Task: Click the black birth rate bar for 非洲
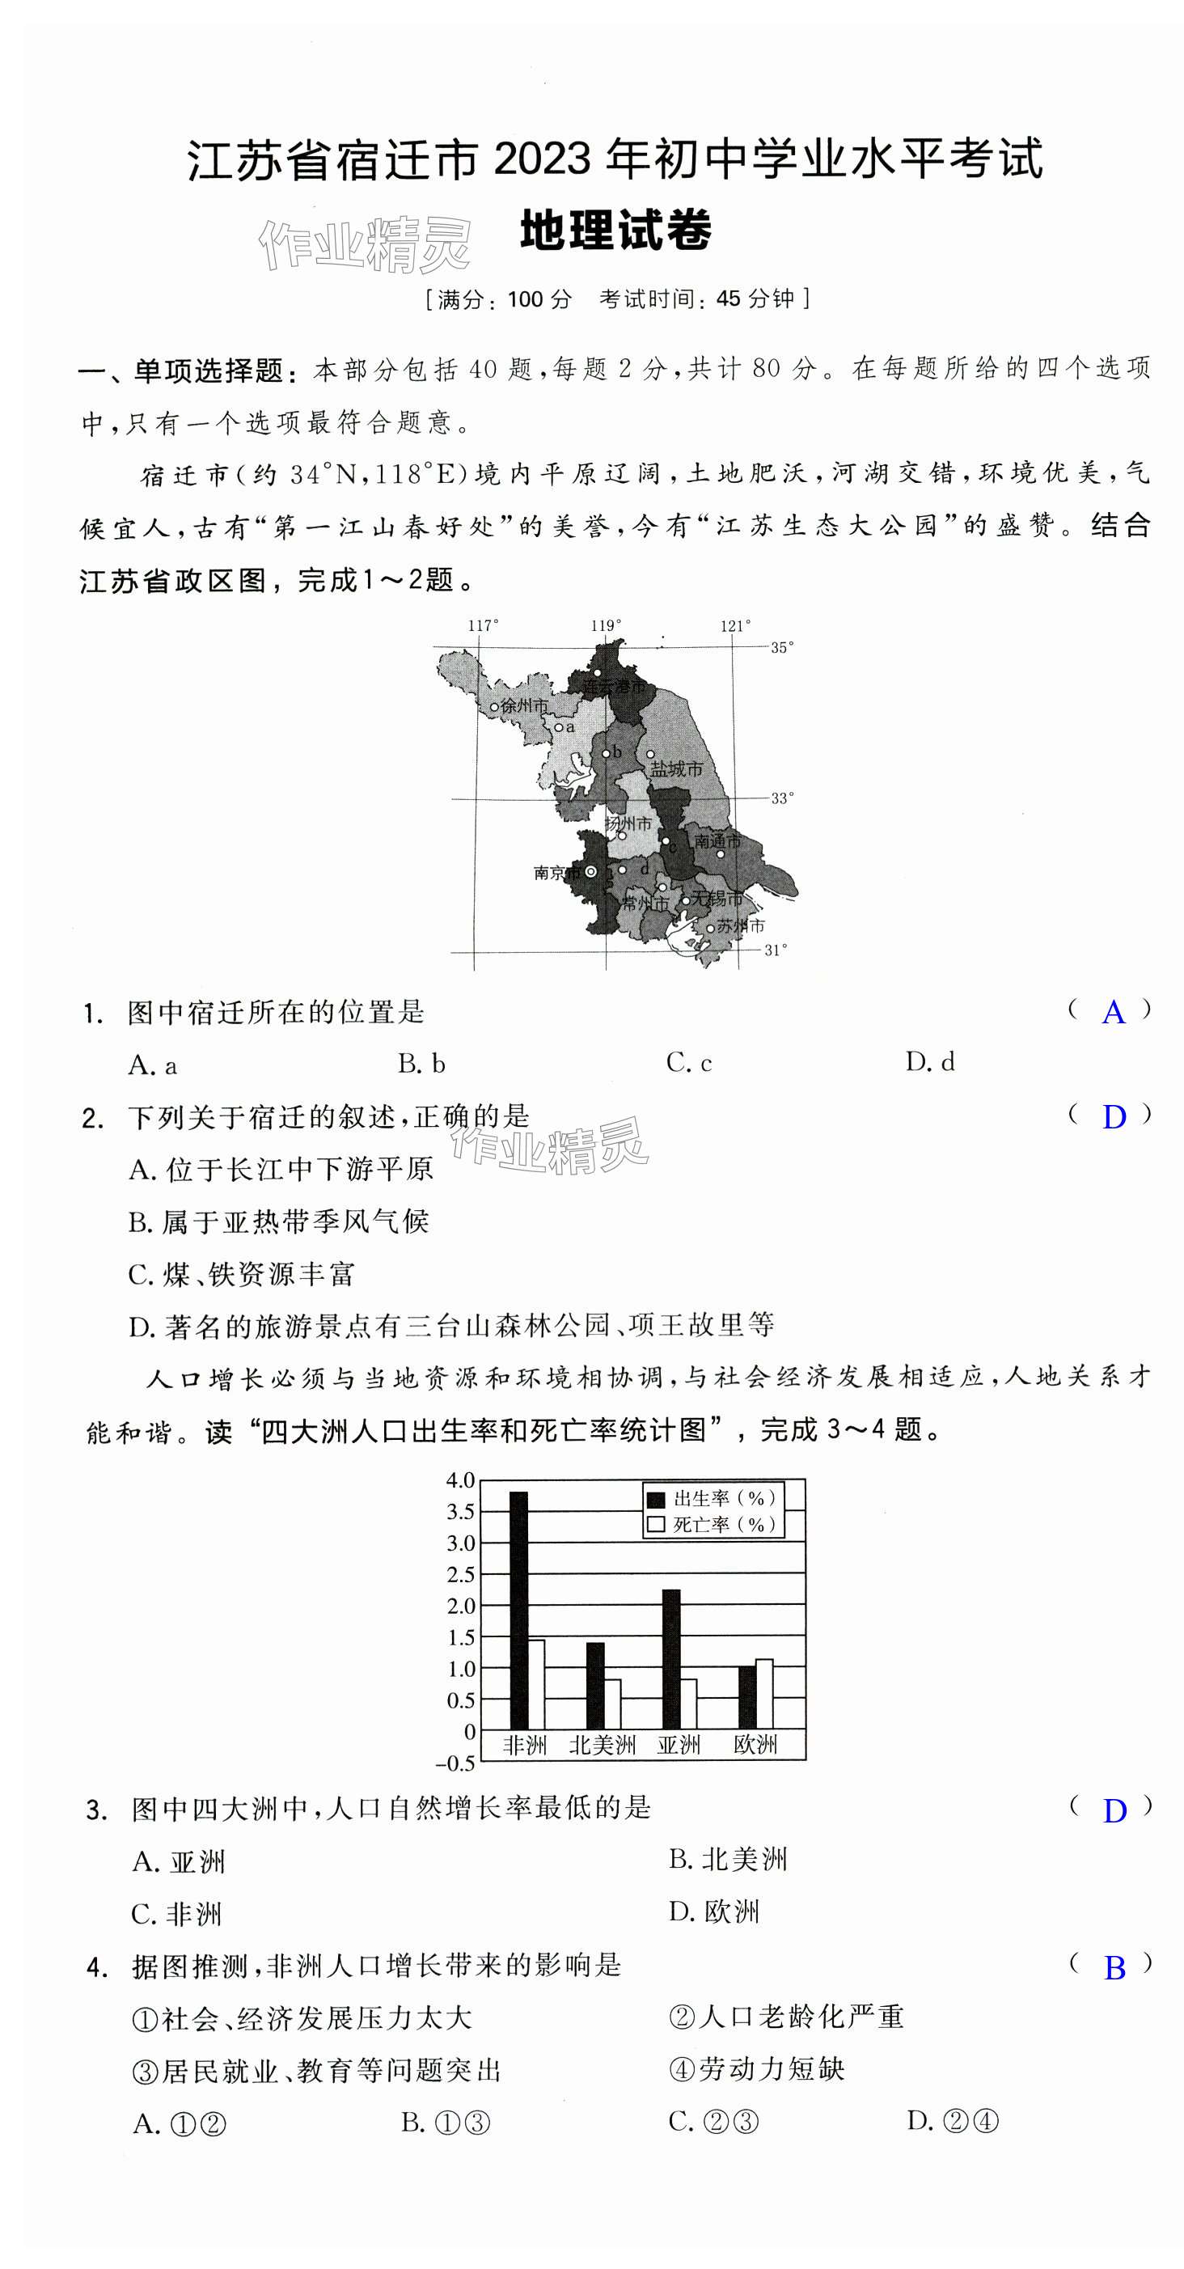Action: [519, 1611]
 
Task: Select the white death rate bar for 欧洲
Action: [763, 1694]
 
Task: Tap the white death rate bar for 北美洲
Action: [611, 1704]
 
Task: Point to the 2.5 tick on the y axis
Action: [461, 1574]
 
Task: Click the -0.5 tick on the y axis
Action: [455, 1763]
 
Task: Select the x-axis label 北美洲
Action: [603, 1744]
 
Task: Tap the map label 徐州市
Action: [523, 705]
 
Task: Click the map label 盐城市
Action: [677, 769]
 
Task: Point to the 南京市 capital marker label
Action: [556, 872]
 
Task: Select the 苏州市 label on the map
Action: [740, 925]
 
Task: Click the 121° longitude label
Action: [736, 625]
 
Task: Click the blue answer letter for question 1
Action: [1114, 1012]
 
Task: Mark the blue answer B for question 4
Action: [1114, 1967]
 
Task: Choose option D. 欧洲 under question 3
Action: [713, 1912]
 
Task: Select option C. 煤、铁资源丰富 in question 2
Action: [241, 1274]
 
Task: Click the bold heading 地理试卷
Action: [615, 231]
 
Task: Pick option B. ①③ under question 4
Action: [445, 2123]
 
